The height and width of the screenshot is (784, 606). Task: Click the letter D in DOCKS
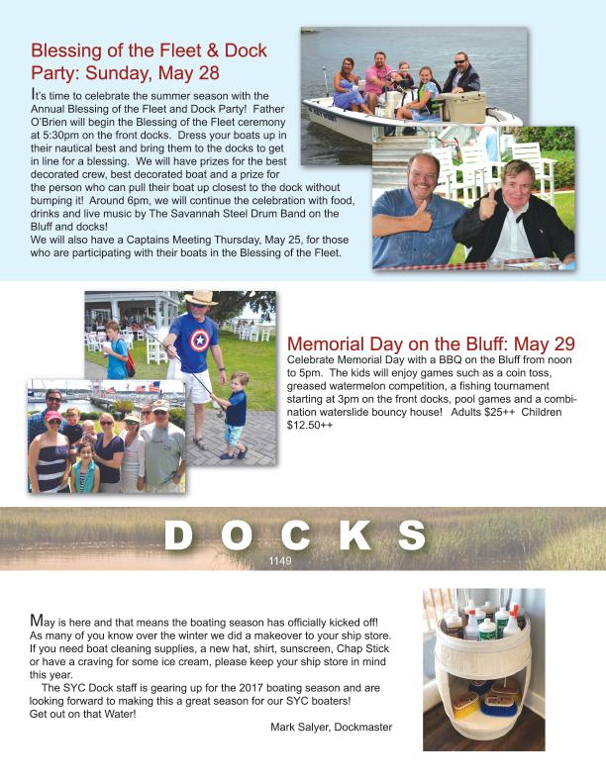(x=178, y=537)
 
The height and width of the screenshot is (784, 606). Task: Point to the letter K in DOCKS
(x=354, y=537)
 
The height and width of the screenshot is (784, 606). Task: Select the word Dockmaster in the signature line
(x=363, y=728)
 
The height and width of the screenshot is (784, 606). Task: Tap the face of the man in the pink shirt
(x=381, y=61)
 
